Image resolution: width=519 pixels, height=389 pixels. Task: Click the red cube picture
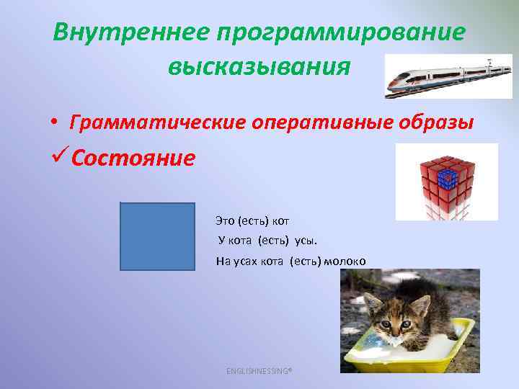[x=446, y=182]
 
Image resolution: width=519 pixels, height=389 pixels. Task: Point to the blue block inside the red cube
[x=448, y=175]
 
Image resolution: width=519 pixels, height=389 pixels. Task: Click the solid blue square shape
[x=157, y=236]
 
